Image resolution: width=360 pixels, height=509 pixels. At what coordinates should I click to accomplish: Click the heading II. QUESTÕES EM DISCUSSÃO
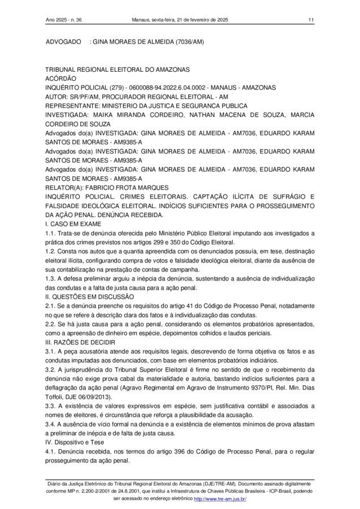pos(89,296)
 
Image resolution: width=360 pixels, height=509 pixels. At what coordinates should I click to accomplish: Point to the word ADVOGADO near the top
pos(63,42)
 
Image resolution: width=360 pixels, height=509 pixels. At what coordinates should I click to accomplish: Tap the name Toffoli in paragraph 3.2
pos(57,398)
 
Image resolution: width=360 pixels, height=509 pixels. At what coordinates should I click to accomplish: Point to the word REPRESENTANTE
pos(73,106)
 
